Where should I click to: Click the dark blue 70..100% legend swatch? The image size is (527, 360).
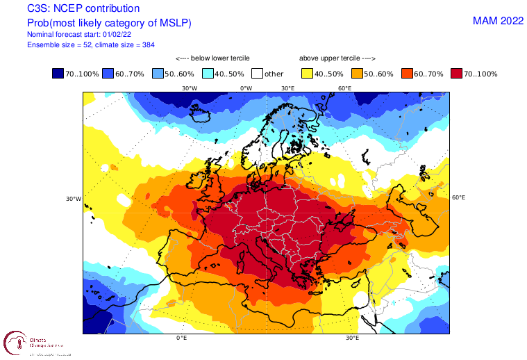[x=58, y=73]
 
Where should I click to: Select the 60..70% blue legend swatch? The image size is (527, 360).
[x=108, y=73]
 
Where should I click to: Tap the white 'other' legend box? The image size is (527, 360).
[x=258, y=73]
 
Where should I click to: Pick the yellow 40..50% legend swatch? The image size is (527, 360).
[x=308, y=73]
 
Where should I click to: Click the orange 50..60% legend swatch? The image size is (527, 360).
[x=358, y=73]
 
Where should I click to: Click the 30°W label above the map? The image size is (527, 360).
[x=189, y=88]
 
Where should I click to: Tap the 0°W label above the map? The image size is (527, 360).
[x=246, y=88]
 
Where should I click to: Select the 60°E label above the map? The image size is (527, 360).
[x=344, y=88]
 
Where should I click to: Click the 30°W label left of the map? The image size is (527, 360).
[x=74, y=198]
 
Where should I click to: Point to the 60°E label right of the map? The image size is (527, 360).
[x=458, y=197]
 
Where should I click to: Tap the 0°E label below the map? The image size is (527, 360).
[x=182, y=338]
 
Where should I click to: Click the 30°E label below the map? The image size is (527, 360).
[x=352, y=338]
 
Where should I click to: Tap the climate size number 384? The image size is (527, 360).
[x=135, y=44]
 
